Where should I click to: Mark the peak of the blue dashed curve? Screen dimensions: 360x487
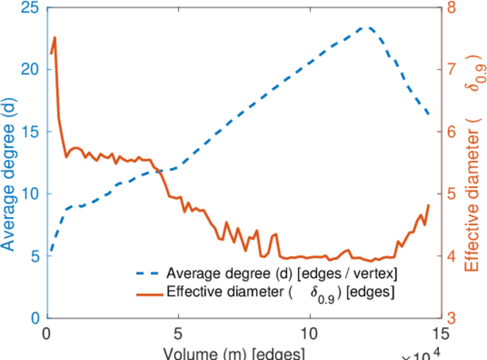[x=366, y=28]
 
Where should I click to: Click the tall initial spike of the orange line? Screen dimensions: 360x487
[x=55, y=37]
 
